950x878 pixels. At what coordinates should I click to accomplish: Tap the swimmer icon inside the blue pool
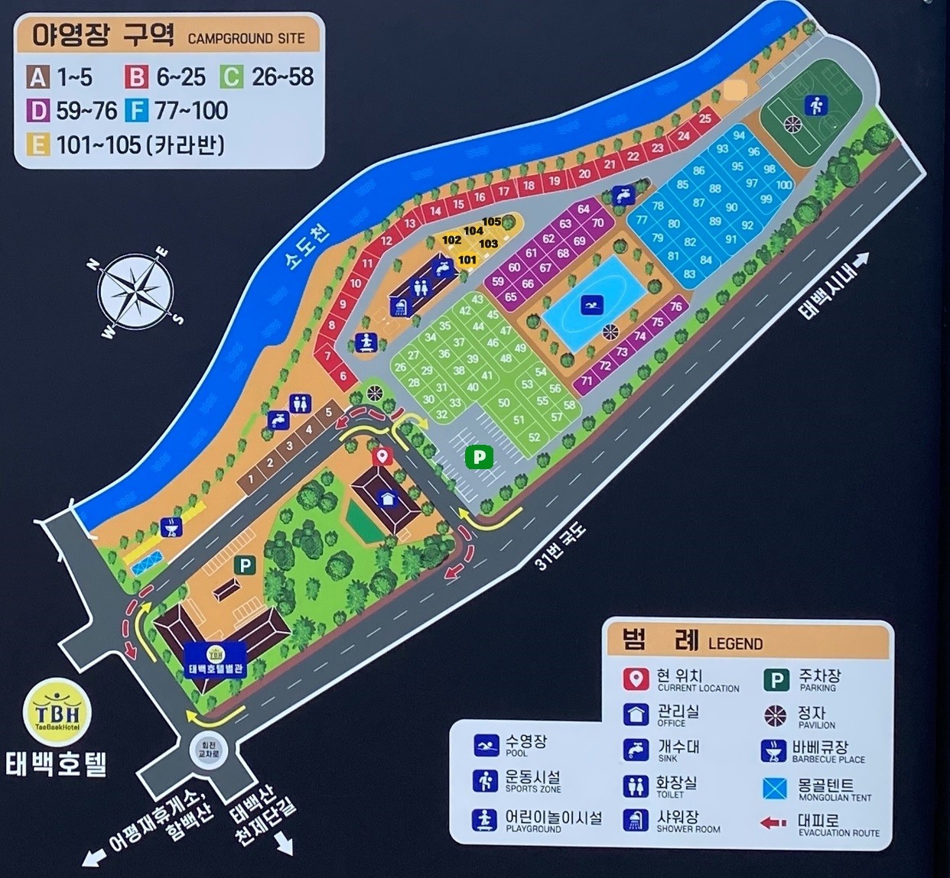click(591, 305)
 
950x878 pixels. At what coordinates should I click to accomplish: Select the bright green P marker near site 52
click(479, 457)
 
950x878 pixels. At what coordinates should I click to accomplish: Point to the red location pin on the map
click(382, 457)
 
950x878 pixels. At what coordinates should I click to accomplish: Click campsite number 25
click(705, 118)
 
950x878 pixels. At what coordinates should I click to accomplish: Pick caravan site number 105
click(492, 222)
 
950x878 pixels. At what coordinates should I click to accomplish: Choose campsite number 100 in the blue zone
click(784, 184)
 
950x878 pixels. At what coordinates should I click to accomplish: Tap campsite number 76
click(675, 306)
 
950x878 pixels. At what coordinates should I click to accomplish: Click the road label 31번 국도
click(560, 546)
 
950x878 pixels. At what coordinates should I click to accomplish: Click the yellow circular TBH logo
click(57, 712)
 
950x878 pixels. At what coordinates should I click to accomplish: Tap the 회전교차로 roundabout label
click(209, 749)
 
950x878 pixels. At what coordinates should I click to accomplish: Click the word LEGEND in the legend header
click(735, 644)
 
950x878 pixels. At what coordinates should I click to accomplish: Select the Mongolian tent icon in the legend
click(775, 788)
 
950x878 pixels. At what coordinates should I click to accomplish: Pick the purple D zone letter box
click(38, 111)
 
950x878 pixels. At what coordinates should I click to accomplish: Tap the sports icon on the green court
click(815, 105)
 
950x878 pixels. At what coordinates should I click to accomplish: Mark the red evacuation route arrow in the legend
click(774, 823)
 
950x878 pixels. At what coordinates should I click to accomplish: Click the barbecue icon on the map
click(172, 526)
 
